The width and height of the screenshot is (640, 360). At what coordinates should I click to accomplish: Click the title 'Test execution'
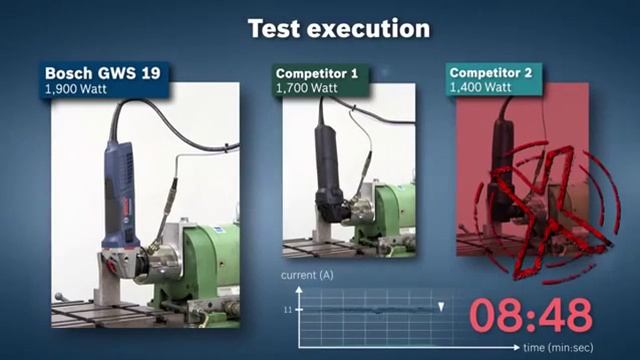tap(339, 28)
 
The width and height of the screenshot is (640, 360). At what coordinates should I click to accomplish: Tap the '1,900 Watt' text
tap(77, 89)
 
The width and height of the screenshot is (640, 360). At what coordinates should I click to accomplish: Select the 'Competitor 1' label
tap(317, 73)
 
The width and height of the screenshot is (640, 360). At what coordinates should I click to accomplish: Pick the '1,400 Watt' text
tap(483, 89)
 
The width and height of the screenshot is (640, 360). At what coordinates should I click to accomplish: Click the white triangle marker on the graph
tap(441, 304)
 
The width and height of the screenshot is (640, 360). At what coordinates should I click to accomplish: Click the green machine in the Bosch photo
tap(205, 265)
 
